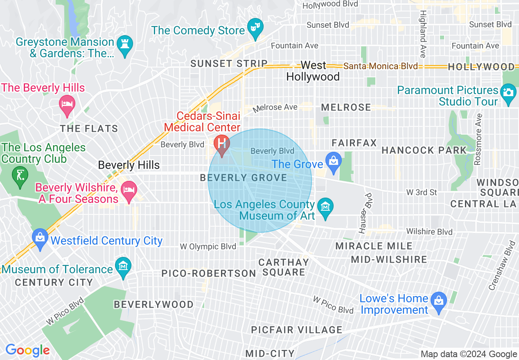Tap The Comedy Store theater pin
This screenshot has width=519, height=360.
[x=256, y=29]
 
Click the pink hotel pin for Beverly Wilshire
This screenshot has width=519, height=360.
[x=129, y=191]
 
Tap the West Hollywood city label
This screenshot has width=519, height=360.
[x=313, y=71]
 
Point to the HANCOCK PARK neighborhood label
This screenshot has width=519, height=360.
[x=424, y=151]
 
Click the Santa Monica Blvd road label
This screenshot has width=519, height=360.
[x=381, y=66]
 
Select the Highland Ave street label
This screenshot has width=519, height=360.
[x=422, y=34]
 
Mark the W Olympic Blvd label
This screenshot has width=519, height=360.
[x=208, y=247]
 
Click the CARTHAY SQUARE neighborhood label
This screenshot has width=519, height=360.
[x=284, y=267]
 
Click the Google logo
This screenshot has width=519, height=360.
[x=27, y=351]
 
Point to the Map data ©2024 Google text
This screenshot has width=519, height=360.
[x=469, y=354]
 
